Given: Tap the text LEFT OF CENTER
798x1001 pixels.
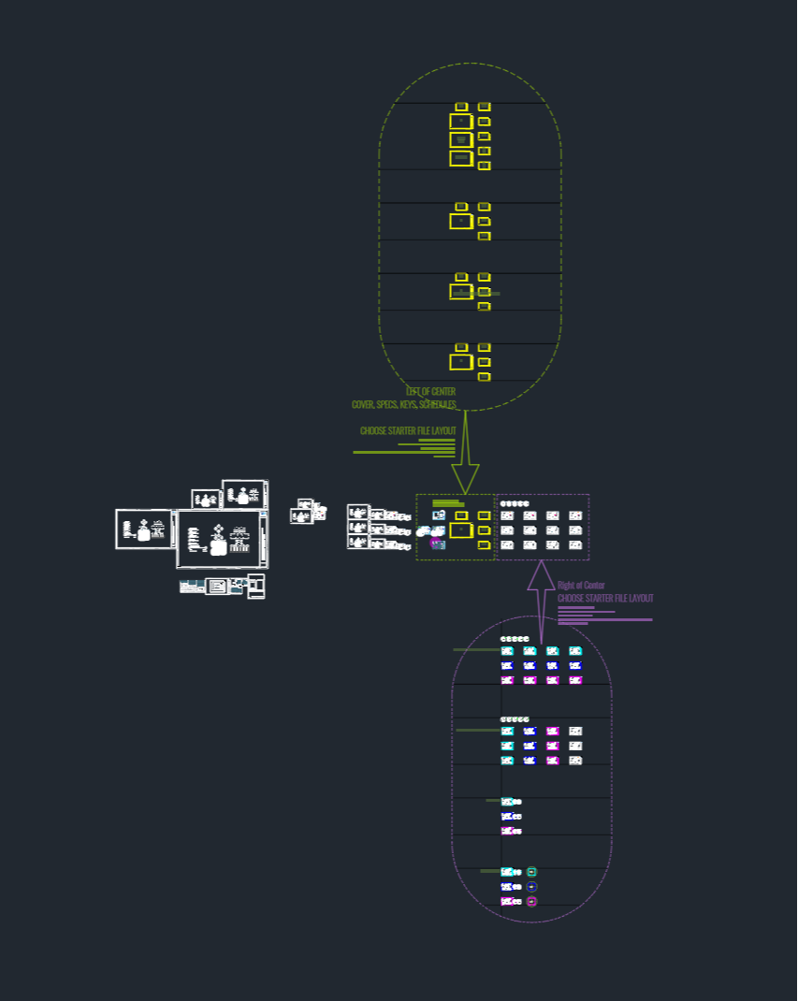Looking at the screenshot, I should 431,391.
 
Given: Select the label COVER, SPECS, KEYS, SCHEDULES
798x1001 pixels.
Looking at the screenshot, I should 404,404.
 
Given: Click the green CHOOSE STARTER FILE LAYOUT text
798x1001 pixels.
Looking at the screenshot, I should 408,431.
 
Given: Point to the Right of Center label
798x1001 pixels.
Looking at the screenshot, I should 581,586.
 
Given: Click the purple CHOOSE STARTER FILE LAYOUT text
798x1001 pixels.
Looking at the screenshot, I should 605,598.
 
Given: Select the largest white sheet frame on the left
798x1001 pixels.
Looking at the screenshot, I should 219,539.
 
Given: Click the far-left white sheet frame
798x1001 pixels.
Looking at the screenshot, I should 144,529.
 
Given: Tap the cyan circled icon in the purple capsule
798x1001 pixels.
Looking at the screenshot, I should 532,872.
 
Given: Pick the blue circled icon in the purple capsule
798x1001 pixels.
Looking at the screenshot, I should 532,886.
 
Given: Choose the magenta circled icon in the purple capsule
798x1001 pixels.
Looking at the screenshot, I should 532,901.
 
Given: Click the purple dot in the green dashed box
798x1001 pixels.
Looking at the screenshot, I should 435,542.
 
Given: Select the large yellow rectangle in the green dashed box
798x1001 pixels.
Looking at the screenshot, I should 460,530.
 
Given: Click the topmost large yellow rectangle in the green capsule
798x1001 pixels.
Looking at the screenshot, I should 461,122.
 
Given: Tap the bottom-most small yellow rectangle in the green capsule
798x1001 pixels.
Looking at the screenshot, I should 485,377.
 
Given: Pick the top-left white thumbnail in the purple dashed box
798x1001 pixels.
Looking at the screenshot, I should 507,515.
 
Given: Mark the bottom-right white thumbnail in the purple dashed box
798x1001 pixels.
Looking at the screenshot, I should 575,544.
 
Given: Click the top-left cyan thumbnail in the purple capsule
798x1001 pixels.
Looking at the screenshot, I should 507,651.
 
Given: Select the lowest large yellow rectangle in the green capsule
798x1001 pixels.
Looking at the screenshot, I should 461,362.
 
